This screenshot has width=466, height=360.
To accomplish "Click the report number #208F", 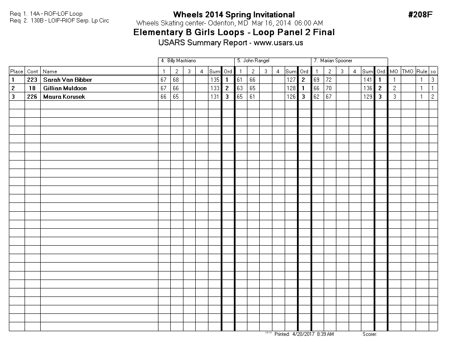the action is tap(420, 15).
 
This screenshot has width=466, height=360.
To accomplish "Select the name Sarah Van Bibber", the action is tap(67, 80).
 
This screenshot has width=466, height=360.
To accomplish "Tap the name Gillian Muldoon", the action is tap(65, 88).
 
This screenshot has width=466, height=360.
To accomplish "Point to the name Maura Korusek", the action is tap(64, 97).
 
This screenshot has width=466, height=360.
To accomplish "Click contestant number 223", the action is tap(32, 80).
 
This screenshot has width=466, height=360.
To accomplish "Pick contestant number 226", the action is tap(32, 97).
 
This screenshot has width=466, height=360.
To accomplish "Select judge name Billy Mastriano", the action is tap(181, 61).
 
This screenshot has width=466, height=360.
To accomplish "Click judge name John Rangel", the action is tap(256, 61).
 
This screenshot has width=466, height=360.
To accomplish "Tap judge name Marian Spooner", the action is tap(336, 61).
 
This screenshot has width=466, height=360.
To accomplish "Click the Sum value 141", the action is tap(367, 80).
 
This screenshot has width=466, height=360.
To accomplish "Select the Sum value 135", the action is tap(214, 80).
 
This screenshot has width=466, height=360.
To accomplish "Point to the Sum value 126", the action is tap(291, 97).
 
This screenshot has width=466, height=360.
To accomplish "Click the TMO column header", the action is tap(407, 72).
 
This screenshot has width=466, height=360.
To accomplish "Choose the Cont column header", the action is tap(33, 72).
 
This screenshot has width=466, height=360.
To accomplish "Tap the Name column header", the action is tap(50, 72).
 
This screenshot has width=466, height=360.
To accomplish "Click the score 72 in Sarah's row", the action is tap(329, 80).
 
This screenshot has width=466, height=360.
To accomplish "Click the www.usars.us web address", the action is tap(278, 43).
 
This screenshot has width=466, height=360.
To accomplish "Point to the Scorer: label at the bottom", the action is tap(369, 334).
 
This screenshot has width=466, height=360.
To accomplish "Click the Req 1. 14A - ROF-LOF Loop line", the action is tap(46, 14).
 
